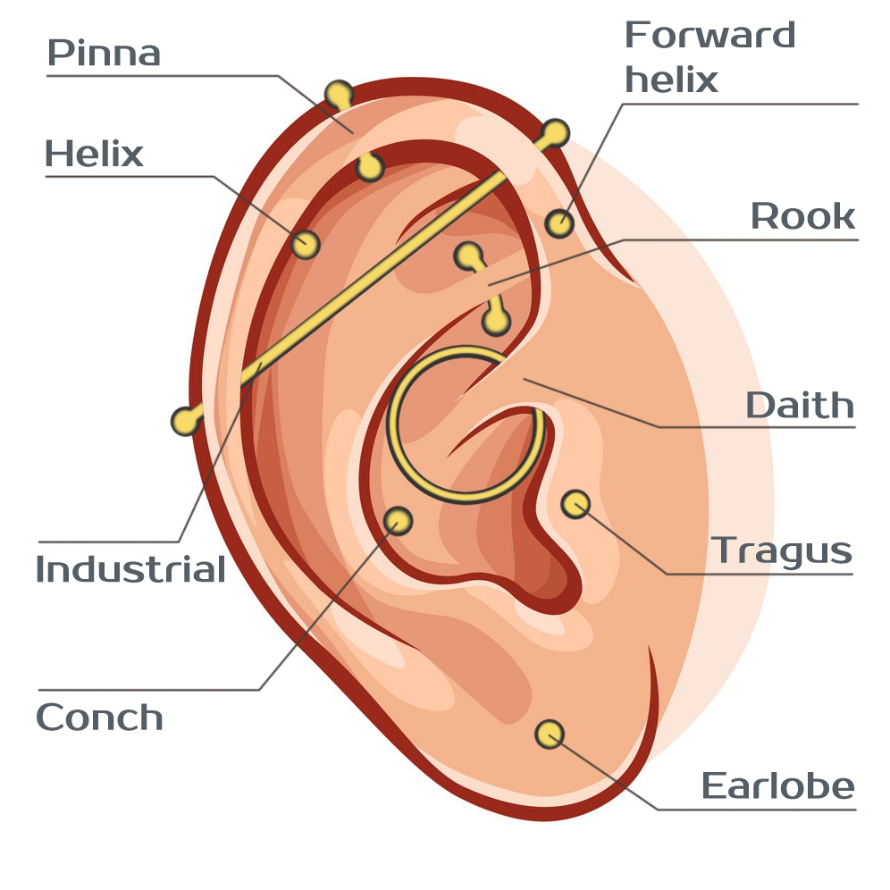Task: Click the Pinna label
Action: (x=104, y=54)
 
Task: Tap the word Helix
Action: (x=94, y=155)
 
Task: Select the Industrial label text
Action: (x=130, y=569)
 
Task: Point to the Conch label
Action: (x=99, y=718)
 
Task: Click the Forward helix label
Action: (x=709, y=57)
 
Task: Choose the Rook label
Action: (x=802, y=216)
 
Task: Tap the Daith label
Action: (x=800, y=406)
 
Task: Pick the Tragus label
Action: (x=782, y=550)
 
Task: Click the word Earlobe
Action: (x=777, y=786)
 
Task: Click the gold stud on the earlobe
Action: (x=550, y=734)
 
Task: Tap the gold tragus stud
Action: (x=575, y=504)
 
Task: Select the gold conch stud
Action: (x=398, y=519)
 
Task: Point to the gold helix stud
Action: (x=306, y=243)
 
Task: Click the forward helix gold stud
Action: (x=559, y=222)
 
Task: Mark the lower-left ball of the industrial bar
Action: (x=185, y=420)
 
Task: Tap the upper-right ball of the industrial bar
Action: (x=555, y=133)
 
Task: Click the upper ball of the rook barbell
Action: (x=467, y=256)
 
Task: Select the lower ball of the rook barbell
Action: (x=497, y=320)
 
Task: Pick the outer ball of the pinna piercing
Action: (x=338, y=94)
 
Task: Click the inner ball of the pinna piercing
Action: (x=370, y=167)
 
